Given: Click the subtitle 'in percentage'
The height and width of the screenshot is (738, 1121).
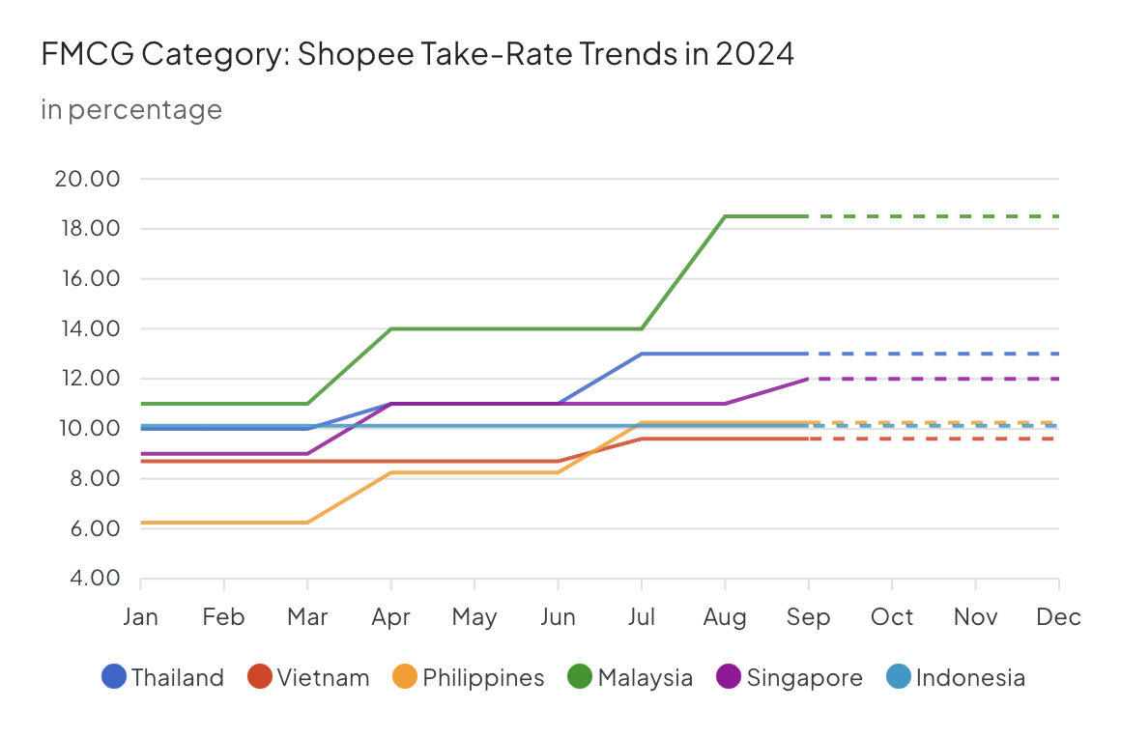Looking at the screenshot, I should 131,110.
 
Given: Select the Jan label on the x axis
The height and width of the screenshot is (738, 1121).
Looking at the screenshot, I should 141,616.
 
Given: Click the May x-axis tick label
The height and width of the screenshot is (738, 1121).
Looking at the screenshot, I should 474,616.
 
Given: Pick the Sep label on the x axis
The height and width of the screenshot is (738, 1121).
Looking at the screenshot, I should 808,616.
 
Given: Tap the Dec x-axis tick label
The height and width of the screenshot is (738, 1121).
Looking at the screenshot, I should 1058,616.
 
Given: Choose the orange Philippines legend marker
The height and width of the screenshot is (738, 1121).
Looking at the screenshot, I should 406,677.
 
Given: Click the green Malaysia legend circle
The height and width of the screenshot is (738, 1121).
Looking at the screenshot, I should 581,677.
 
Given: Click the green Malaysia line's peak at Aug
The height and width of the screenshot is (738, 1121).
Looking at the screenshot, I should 725,216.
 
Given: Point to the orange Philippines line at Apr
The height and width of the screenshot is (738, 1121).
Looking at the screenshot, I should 391,472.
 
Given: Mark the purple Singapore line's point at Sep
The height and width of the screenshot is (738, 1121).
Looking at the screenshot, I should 808,379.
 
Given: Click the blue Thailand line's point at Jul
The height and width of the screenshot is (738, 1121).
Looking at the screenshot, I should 641,354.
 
